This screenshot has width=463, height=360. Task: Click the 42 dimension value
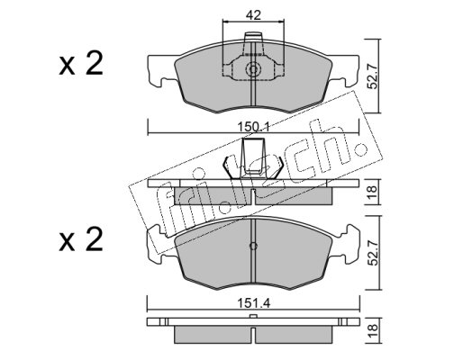pos(253,14)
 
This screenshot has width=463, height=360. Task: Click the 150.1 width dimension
pos(254,127)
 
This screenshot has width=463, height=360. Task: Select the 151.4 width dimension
pos(254,303)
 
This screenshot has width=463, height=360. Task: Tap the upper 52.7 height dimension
pos(373,77)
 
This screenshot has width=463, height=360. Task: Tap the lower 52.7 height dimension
pos(373,254)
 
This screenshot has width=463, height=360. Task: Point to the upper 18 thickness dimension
pos(372,192)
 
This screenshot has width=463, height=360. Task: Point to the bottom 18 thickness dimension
pos(372,331)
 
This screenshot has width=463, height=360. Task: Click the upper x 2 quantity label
pos(81,65)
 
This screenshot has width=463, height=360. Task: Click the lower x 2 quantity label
pos(81,240)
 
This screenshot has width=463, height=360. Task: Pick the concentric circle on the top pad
pos(253,70)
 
